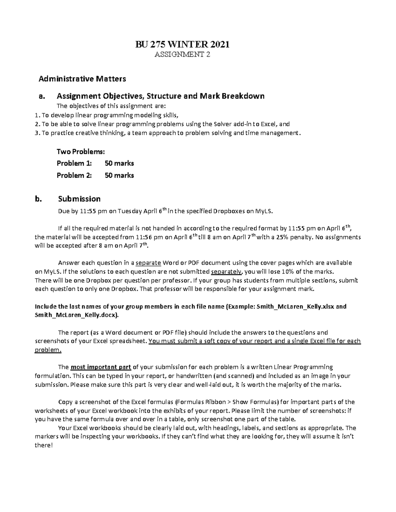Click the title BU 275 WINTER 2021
[182, 44]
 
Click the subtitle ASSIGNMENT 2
[182, 55]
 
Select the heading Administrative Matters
[82, 79]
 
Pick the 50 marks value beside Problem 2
[119, 175]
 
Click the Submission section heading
[79, 199]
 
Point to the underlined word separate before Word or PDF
[148, 263]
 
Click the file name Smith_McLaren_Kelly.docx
[77, 315]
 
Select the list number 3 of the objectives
[37, 133]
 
